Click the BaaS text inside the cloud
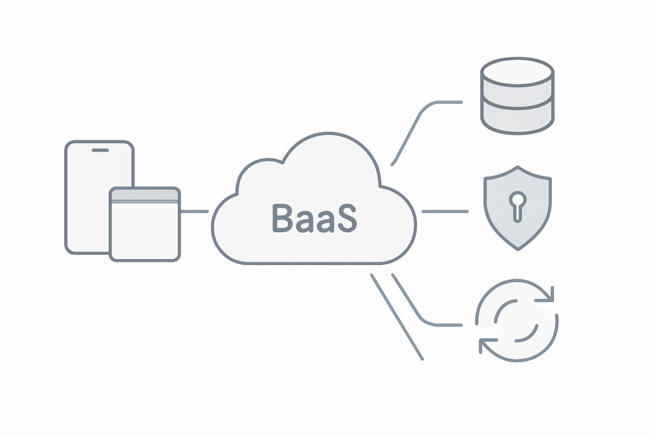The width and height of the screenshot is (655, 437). (313, 218)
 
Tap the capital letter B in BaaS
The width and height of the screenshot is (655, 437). (281, 218)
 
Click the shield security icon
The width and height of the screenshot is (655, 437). (517, 208)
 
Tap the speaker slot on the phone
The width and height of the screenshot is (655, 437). (100, 150)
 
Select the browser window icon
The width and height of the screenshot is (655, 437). (145, 224)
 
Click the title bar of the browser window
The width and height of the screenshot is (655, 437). (145, 195)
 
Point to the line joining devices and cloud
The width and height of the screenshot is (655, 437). (195, 212)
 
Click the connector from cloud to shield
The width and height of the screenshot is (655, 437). (445, 211)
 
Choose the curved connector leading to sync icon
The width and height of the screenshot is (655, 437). (416, 307)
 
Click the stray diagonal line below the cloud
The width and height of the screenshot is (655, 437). (397, 317)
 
